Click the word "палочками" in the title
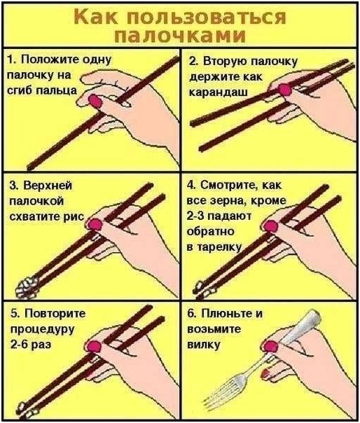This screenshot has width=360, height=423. coord(180,36)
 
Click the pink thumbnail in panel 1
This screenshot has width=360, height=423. coord(95,101)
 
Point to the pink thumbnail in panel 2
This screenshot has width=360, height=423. coord(284,90)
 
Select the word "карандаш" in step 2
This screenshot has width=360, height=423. coord(219,92)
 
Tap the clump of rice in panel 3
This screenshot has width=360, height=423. coord(27,288)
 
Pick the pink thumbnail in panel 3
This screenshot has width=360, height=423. coord(95,224)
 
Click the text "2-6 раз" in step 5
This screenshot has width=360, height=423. coord(31,345)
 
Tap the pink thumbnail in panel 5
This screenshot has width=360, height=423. coord(94,347)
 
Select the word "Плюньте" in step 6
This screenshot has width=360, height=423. coord(225,314)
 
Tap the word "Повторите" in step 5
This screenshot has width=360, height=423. coord(55,314)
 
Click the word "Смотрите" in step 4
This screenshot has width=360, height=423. coord(227,185)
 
